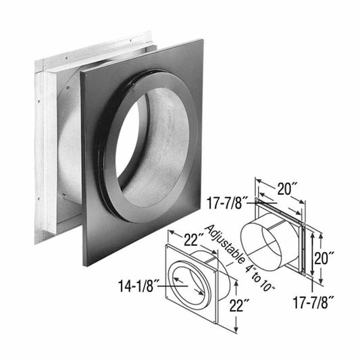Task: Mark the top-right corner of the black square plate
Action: click(x=203, y=41)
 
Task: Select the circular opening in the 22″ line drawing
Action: click(x=187, y=284)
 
